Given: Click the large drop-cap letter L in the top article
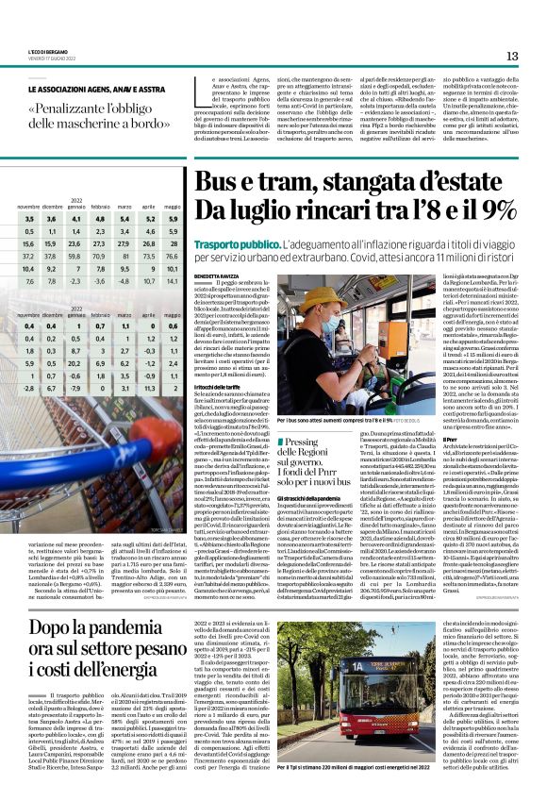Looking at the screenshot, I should pyautogui.click(x=199, y=90).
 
